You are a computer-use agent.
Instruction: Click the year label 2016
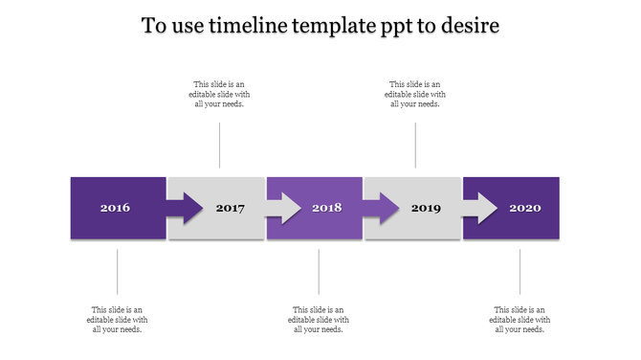(x=115, y=208)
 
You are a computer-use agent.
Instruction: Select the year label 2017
(x=231, y=208)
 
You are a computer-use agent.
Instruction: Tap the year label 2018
(x=326, y=208)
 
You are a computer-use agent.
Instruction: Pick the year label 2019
(x=426, y=208)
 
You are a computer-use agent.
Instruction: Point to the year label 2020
(x=524, y=208)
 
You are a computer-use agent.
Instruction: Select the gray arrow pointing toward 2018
(x=283, y=208)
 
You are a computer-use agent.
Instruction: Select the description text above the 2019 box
(x=415, y=94)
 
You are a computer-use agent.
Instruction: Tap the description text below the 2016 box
(x=118, y=320)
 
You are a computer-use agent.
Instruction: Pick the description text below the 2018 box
(x=319, y=320)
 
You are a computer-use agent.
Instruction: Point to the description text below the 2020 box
(x=519, y=320)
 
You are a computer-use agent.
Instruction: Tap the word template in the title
(x=334, y=26)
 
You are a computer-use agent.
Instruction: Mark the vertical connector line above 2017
(x=220, y=145)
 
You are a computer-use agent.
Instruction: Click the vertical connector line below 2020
(x=520, y=272)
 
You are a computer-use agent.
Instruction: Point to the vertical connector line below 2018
(x=319, y=272)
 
